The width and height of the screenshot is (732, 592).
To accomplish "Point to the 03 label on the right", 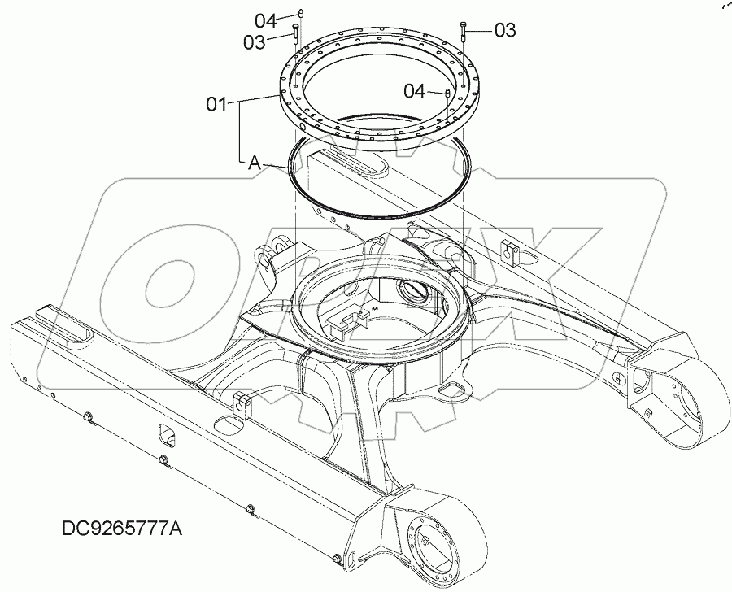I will [x=505, y=30].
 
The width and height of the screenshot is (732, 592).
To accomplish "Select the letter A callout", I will [x=255, y=163].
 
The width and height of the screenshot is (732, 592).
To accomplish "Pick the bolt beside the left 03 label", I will [x=296, y=35].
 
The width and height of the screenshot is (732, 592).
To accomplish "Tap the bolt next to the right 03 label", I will [x=464, y=29].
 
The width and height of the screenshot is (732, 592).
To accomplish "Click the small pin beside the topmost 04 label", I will [x=300, y=14].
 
